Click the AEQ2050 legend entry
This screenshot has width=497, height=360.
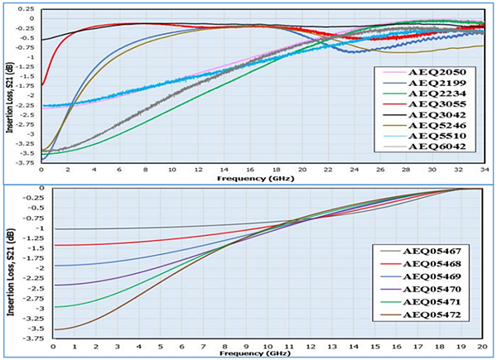437,74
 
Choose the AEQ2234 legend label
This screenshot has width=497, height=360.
437,89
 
